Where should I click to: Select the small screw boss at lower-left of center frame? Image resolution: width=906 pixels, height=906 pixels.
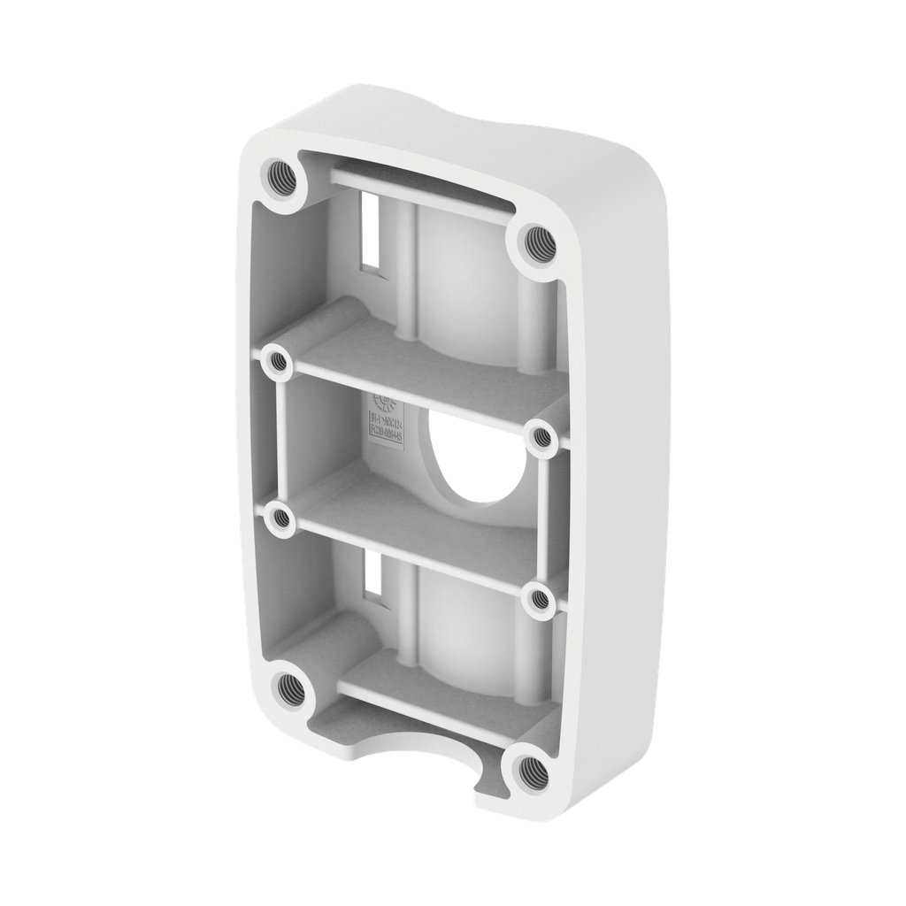point(280,518)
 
